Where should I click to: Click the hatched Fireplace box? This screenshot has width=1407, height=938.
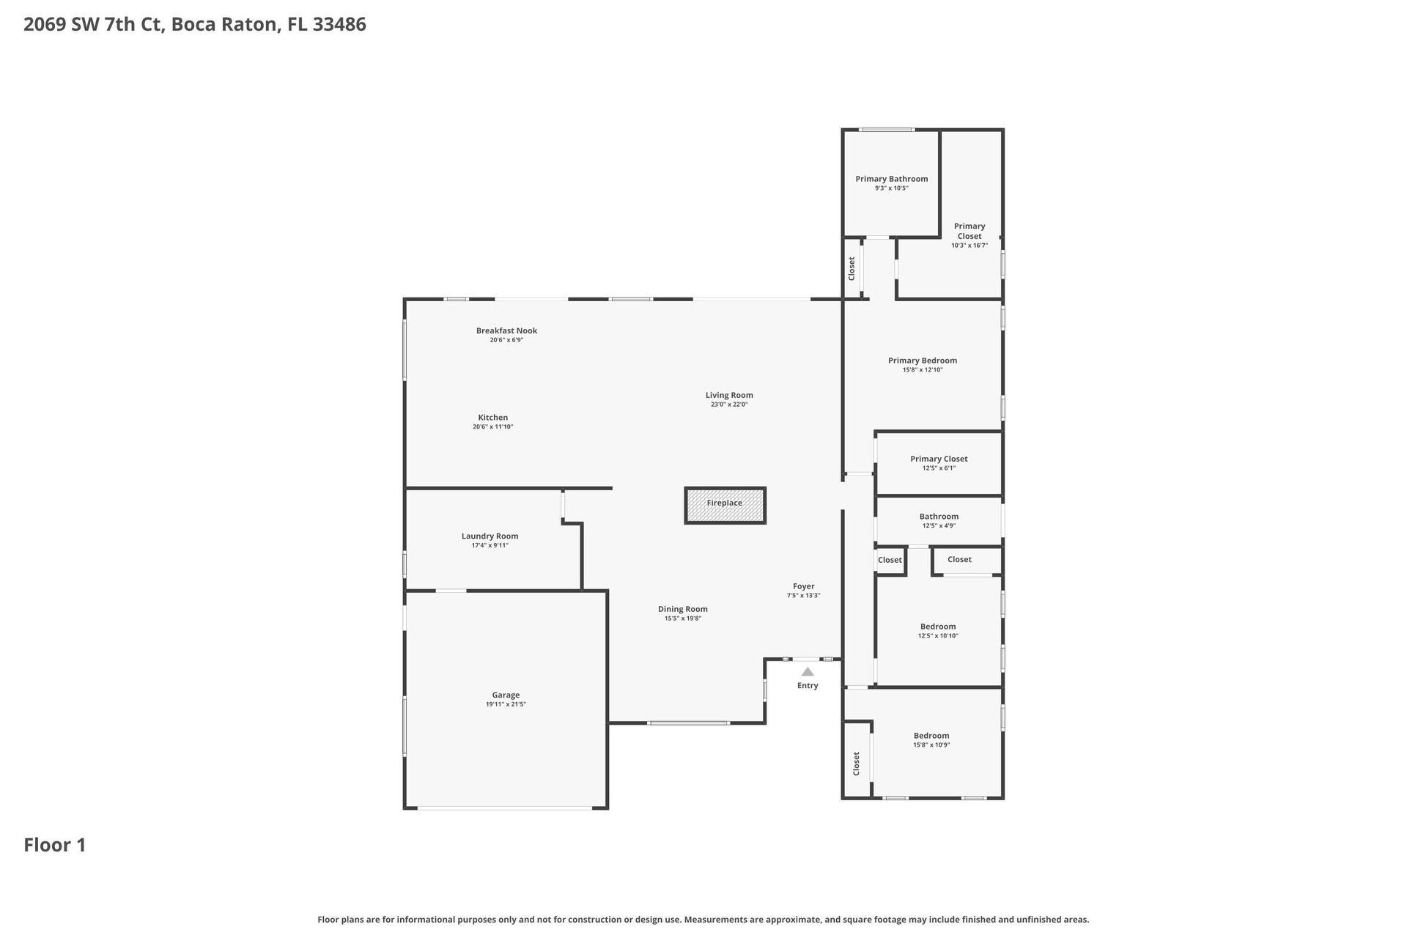[x=725, y=506]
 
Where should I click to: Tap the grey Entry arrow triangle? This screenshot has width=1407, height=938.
[x=808, y=672]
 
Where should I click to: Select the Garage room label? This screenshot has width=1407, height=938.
[x=506, y=695]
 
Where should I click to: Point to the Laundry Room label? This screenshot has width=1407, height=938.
[x=490, y=536]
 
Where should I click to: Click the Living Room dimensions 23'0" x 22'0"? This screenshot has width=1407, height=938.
[x=729, y=405]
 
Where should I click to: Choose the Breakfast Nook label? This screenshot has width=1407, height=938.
[x=506, y=330]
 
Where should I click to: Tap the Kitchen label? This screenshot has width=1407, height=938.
[x=493, y=418]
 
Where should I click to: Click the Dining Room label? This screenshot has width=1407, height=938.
[x=683, y=609]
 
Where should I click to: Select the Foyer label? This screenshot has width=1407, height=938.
[x=804, y=586]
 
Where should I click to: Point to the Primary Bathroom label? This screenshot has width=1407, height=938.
[x=892, y=179]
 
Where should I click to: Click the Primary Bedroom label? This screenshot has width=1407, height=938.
[x=923, y=361]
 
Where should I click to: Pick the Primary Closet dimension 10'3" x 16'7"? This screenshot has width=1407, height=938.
[x=970, y=245]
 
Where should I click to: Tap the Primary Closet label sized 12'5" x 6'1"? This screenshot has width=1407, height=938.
[x=939, y=459]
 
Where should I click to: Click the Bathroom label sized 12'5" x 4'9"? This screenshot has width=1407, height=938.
[x=939, y=517]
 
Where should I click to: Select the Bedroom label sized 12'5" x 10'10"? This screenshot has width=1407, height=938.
[x=938, y=627]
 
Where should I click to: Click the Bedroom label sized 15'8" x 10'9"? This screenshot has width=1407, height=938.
[x=931, y=736]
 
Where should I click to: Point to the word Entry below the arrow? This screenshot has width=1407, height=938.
[x=808, y=686]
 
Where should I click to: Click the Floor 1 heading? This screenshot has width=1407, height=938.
[x=55, y=845]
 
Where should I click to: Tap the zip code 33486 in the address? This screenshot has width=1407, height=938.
[x=339, y=24]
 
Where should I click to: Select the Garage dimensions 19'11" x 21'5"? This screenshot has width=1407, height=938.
[x=506, y=704]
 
